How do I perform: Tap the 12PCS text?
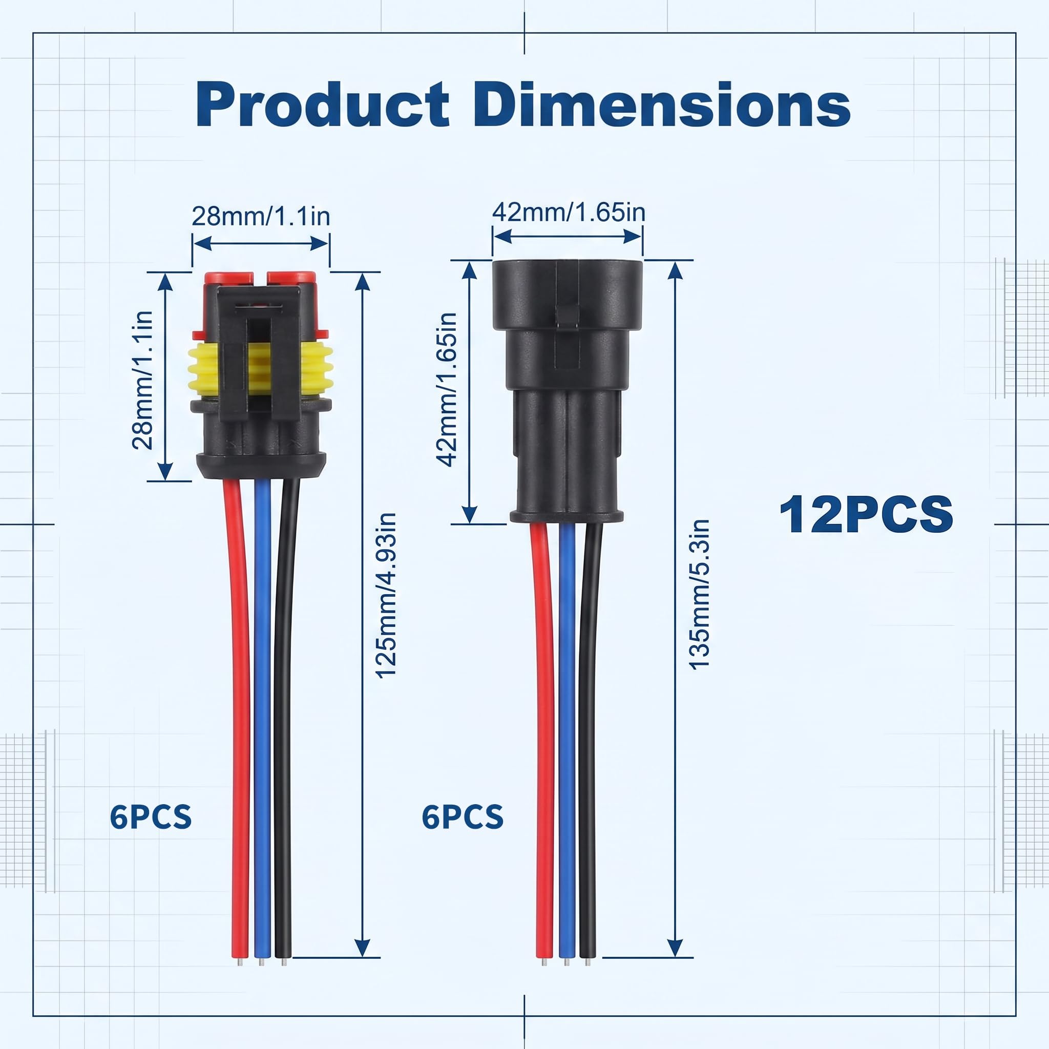(x=866, y=514)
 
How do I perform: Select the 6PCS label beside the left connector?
(x=151, y=816)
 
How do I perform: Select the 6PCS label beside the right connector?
(x=463, y=816)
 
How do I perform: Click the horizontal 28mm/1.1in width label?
(x=261, y=216)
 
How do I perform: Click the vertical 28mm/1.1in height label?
(x=143, y=380)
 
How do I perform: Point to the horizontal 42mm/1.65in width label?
(x=569, y=212)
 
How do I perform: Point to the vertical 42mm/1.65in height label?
(x=447, y=390)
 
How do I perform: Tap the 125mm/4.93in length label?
(x=386, y=595)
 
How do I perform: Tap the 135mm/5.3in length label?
(x=699, y=594)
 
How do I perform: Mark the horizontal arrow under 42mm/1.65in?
(x=568, y=236)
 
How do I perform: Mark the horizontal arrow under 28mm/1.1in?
(x=261, y=243)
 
